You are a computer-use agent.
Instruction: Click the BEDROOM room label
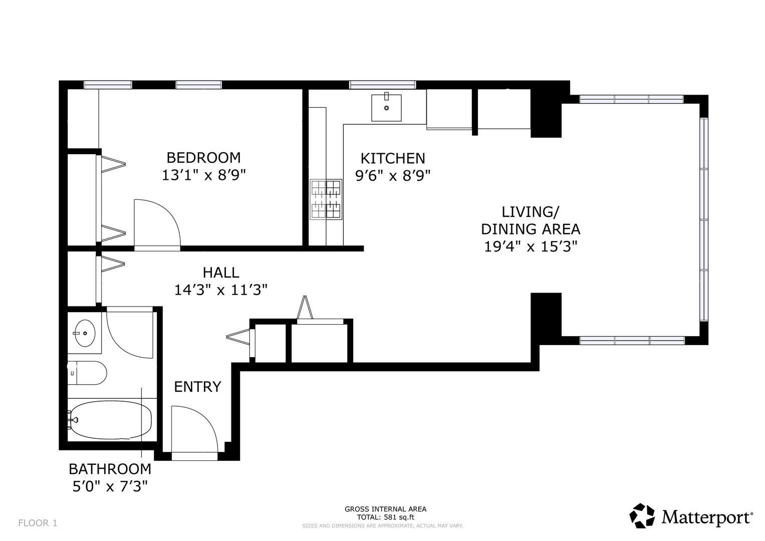[x=203, y=158]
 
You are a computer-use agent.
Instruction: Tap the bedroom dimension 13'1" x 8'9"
[x=203, y=175]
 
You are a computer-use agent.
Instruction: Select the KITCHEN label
[x=393, y=158]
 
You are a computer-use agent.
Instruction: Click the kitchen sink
[x=386, y=107]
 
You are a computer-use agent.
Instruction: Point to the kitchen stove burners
[x=326, y=199]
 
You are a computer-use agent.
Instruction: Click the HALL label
[x=221, y=273]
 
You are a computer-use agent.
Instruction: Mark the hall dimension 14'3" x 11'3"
[x=221, y=291]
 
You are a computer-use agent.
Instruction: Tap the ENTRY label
[x=197, y=387]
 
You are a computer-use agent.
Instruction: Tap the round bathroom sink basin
[x=85, y=333]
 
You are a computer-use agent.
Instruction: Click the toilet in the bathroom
[x=87, y=373]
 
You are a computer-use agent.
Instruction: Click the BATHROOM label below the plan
[x=110, y=469]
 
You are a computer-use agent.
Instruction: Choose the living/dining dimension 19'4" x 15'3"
[x=531, y=246]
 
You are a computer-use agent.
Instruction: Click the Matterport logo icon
[x=642, y=516]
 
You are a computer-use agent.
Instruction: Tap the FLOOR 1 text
[x=38, y=523]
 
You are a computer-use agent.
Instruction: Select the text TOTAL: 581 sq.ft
[x=386, y=517]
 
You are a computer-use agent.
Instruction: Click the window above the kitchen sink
[x=383, y=85]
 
